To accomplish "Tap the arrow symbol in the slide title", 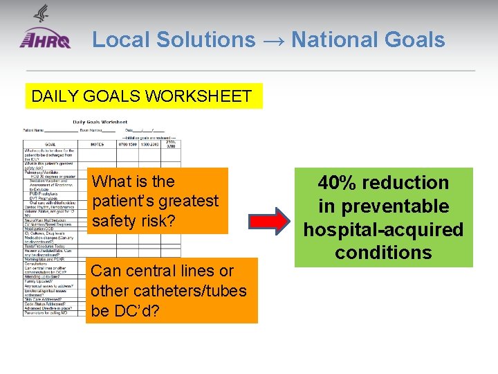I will [x=273, y=41].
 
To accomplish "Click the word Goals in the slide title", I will [x=416, y=40].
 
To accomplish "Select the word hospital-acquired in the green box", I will [x=383, y=229].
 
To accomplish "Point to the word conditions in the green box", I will [x=383, y=253].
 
